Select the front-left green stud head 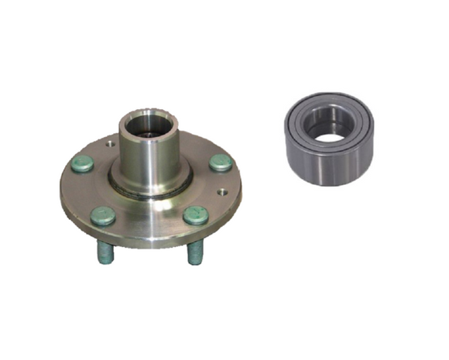coord(103,216)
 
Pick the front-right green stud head coord(196,215)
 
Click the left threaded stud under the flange coord(105,252)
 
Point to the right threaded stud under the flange coord(194,253)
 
